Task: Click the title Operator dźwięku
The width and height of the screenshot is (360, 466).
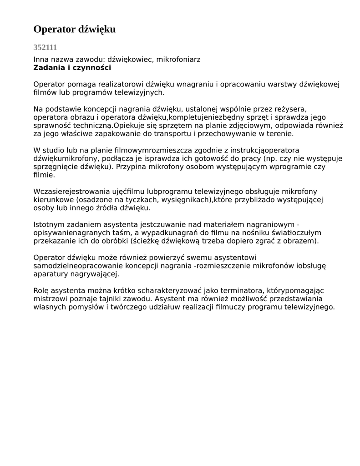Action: (x=74, y=30)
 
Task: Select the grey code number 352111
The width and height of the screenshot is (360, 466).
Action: (x=45, y=47)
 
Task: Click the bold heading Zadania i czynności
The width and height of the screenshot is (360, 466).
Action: (x=72, y=68)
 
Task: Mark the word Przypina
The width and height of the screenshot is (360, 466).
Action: (x=132, y=167)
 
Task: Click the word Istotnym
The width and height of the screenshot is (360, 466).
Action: (x=49, y=224)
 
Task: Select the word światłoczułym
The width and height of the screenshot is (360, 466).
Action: (x=295, y=233)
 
